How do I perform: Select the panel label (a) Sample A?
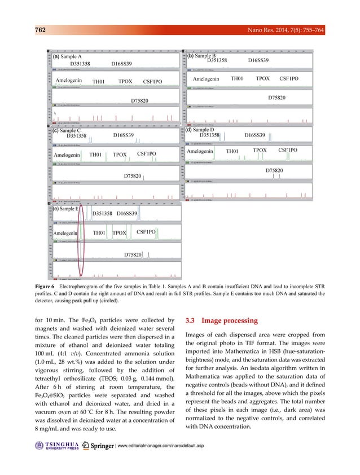67,57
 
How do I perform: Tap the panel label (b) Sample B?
202,56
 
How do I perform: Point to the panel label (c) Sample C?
67,130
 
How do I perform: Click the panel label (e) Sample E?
67,209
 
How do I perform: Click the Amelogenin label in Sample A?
69,81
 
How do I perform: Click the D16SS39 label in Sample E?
128,214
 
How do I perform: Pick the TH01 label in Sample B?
237,79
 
